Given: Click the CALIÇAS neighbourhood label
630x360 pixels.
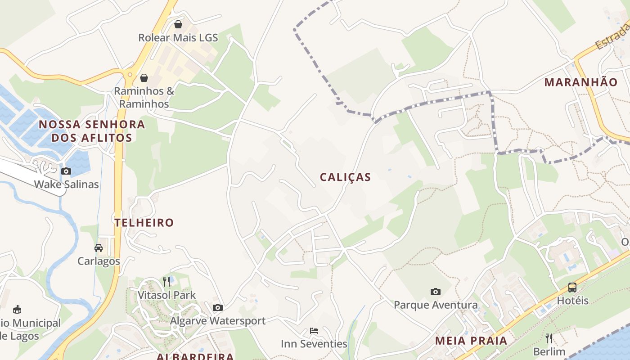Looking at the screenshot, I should (x=345, y=177).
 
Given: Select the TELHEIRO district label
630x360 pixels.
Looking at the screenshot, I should (x=144, y=222).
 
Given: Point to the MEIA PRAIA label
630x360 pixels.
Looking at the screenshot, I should (x=471, y=341).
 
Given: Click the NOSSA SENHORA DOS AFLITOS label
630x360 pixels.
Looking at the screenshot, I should (x=92, y=131).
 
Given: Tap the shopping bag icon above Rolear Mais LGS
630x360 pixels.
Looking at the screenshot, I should (x=178, y=24).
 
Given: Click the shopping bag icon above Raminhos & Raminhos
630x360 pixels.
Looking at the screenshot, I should (x=144, y=78).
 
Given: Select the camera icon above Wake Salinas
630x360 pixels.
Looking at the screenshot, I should (x=66, y=171).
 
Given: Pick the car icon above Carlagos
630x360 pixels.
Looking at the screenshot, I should (x=99, y=247).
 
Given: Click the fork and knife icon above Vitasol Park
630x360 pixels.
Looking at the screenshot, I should (x=166, y=282).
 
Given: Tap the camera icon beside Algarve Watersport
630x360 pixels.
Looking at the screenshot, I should (x=218, y=307).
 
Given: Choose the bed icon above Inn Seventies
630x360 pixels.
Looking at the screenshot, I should (x=314, y=331).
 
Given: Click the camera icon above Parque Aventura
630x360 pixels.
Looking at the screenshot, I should (x=435, y=292).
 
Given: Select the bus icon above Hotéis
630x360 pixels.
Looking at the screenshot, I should (x=572, y=287).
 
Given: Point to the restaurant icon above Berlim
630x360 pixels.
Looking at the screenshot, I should (x=549, y=338).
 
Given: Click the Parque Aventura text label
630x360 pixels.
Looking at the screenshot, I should (x=436, y=305).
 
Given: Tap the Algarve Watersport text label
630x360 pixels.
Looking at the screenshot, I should (x=218, y=321).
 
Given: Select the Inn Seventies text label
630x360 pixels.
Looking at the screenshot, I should (x=314, y=344).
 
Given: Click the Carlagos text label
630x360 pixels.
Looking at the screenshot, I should (x=99, y=261).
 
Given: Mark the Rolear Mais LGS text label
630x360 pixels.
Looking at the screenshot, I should (x=178, y=38).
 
